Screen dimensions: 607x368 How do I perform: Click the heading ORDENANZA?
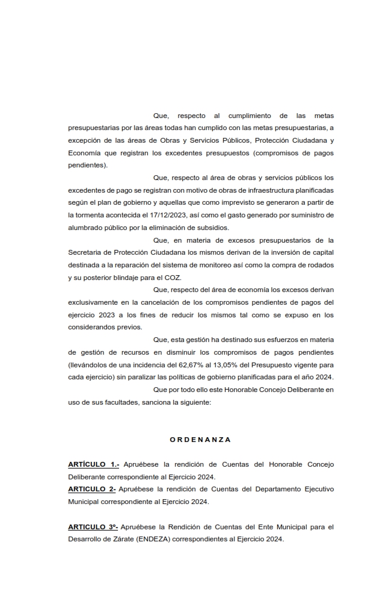click(200, 440)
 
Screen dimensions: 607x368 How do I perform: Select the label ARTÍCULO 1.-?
click(93, 464)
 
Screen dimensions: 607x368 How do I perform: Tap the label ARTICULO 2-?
click(91, 489)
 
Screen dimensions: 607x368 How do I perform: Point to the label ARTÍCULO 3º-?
click(93, 527)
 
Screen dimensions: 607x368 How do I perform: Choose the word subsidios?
click(210, 228)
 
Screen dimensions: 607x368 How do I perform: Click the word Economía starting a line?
click(85, 153)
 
